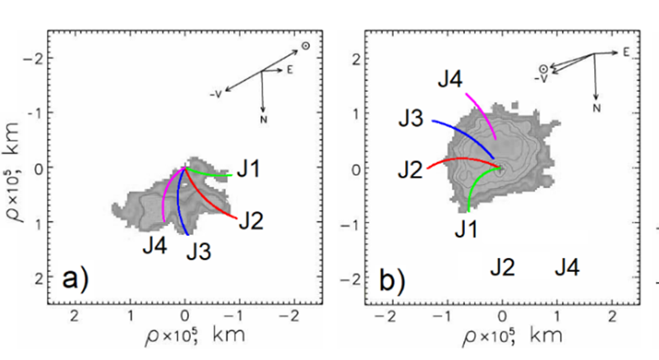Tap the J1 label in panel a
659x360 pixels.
(251, 170)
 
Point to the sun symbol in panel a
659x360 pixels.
(306, 47)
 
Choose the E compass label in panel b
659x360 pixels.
(625, 52)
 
